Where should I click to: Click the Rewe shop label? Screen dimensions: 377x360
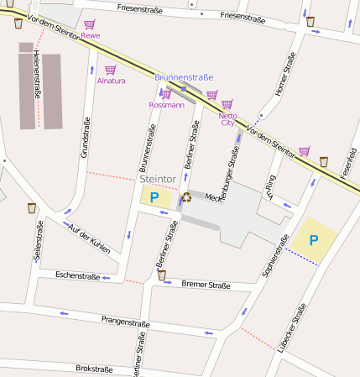click(91, 35)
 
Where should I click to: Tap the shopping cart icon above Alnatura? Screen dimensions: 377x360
click(110, 70)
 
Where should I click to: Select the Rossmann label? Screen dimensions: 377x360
click(165, 105)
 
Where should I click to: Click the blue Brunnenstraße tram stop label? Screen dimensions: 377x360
click(183, 77)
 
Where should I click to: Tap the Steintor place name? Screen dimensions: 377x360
click(159, 179)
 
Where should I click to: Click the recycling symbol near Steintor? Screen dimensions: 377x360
click(185, 197)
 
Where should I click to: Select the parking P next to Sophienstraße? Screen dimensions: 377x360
click(314, 240)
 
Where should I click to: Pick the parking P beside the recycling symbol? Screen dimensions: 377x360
click(154, 198)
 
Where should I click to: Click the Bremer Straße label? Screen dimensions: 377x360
click(206, 285)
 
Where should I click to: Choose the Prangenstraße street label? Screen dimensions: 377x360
click(125, 322)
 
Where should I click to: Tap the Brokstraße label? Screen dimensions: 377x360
click(94, 368)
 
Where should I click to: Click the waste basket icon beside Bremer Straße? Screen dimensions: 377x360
click(161, 275)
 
